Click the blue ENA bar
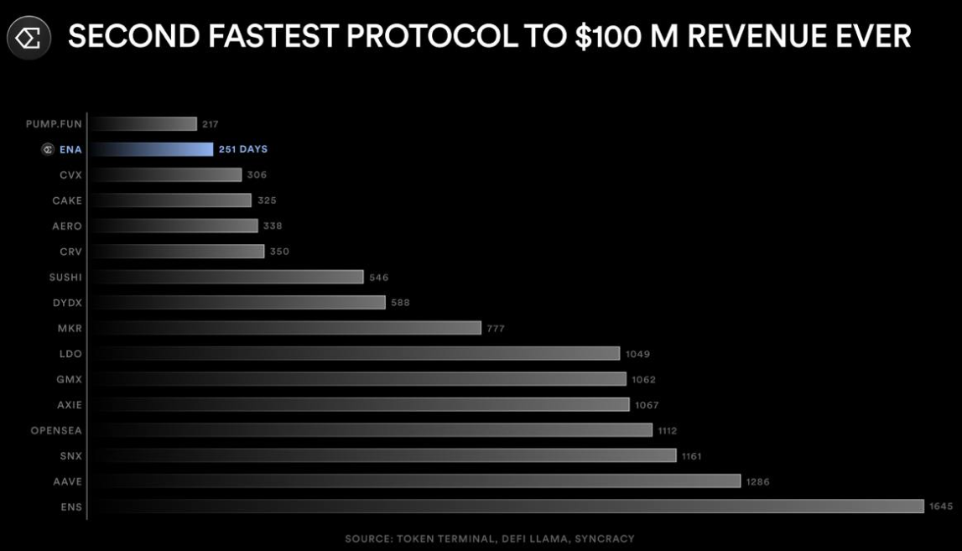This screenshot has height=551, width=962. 152,149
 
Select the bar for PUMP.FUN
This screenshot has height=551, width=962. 143,124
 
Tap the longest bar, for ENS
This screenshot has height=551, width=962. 507,507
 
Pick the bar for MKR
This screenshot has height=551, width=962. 285,328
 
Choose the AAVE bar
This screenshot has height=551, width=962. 415,481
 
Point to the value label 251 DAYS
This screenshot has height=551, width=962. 243,149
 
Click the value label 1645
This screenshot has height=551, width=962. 941,507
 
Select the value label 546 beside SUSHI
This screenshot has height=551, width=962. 379,277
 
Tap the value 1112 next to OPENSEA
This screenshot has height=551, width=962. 668,430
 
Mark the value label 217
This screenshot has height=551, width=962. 210,124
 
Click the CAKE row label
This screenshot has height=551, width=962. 66,200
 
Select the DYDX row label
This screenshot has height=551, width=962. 66,303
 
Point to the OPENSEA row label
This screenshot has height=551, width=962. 56,430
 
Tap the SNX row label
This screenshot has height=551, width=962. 70,455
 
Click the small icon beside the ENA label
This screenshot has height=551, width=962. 49,149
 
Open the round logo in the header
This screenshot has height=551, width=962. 29,38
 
